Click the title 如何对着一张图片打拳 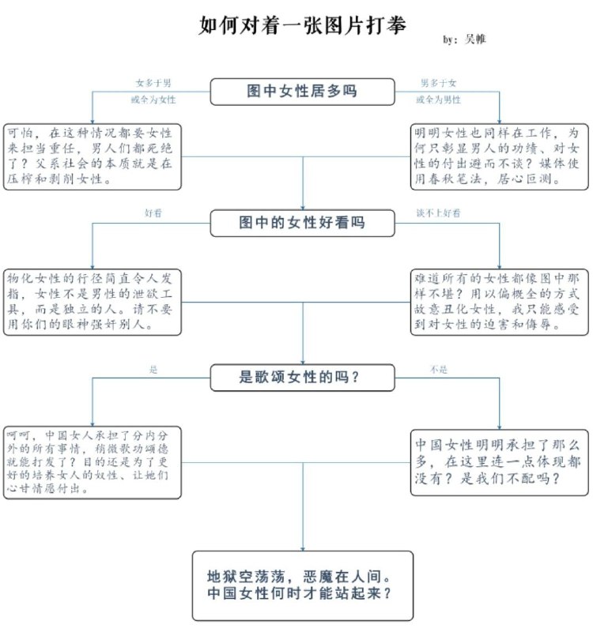click(x=303, y=25)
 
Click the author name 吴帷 click(x=475, y=39)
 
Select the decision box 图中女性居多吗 click(x=302, y=91)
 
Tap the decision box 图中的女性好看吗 click(x=302, y=223)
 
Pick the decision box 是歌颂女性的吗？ click(x=302, y=377)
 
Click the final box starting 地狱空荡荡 click(x=302, y=585)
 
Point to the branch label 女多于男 click(x=153, y=82)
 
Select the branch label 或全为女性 click(x=153, y=100)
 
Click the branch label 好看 click(x=153, y=213)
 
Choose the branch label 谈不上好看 click(x=439, y=213)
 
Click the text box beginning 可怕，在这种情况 click(x=92, y=156)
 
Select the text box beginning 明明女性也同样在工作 click(x=499, y=156)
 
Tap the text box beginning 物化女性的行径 click(x=92, y=301)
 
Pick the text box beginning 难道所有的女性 click(x=499, y=301)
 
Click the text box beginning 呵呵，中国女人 click(x=92, y=462)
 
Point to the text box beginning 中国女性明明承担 click(x=499, y=462)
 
